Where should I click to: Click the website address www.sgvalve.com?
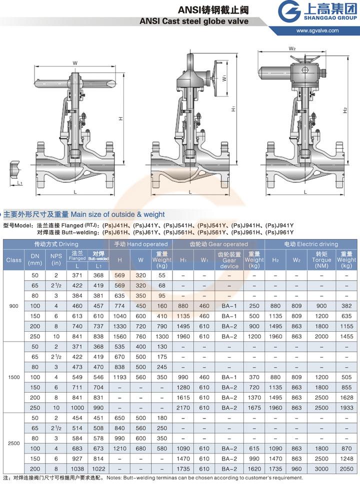[317, 30]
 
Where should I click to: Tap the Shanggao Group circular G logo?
[289, 11]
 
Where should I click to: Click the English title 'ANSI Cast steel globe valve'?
[194, 21]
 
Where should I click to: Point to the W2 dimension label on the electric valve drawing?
[292, 48]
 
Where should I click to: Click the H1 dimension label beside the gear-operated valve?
[233, 108]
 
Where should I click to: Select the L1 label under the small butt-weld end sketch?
[19, 183]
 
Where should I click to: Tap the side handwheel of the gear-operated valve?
[217, 78]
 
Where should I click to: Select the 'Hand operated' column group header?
[141, 244]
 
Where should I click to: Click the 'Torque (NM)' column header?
[321, 260]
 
